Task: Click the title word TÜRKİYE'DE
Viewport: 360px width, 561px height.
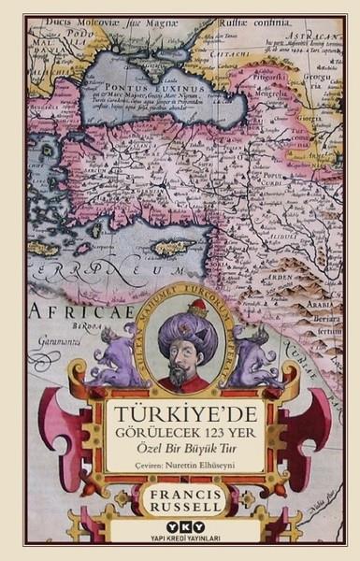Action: click(x=180, y=411)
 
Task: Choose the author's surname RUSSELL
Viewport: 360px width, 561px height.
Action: click(x=180, y=508)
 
